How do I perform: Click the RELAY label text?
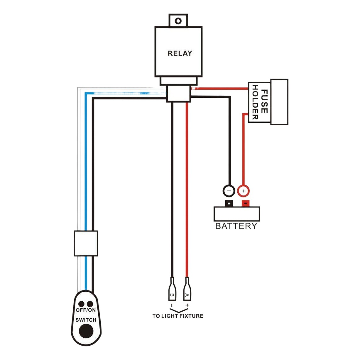(180, 53)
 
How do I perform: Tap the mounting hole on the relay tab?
(178, 21)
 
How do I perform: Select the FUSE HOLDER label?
(259, 102)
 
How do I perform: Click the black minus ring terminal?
(229, 191)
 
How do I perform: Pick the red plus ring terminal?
(243, 191)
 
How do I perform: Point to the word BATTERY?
(236, 226)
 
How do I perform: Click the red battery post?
(245, 203)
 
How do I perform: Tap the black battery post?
(229, 203)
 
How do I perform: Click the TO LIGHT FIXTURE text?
(178, 316)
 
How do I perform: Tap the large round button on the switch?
(86, 331)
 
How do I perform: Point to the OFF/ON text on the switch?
(86, 310)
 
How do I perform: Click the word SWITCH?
(86, 320)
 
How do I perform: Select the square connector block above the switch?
(86, 243)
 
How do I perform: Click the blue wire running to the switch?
(86, 164)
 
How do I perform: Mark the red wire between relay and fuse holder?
(220, 88)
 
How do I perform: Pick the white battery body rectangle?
(237, 214)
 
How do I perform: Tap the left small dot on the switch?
(81, 304)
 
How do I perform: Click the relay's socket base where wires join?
(178, 94)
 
